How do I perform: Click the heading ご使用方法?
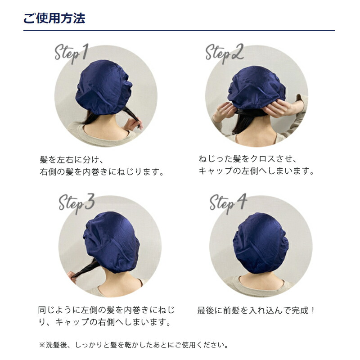pyautogui.click(x=54, y=18)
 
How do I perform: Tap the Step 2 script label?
pyautogui.click(x=224, y=53)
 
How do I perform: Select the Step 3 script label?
pyautogui.click(x=76, y=203)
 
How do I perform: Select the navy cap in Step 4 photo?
pyautogui.click(x=260, y=243)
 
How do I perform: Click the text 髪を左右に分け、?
pyautogui.click(x=72, y=159)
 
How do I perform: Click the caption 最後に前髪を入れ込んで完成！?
pyautogui.click(x=256, y=310)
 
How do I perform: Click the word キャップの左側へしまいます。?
pyautogui.click(x=256, y=171)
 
